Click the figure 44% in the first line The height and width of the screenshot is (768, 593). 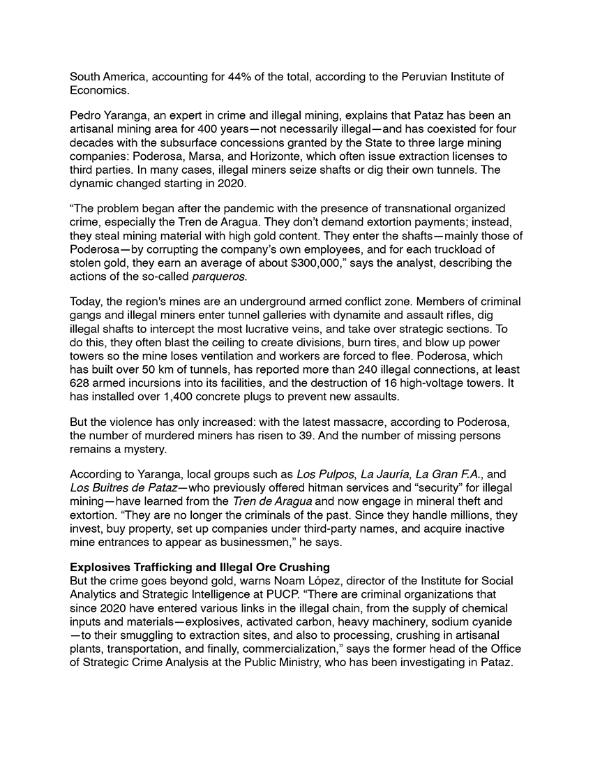tap(231, 77)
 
